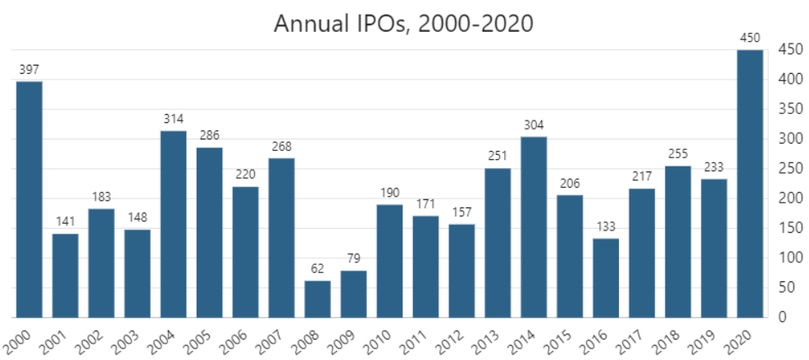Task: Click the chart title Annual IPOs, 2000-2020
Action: pyautogui.click(x=403, y=24)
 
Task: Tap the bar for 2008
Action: pyautogui.click(x=317, y=298)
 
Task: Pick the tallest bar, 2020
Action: pyautogui.click(x=750, y=184)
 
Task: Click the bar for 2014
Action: pyautogui.click(x=534, y=227)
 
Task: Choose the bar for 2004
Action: pyautogui.click(x=173, y=224)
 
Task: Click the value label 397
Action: pyautogui.click(x=30, y=70)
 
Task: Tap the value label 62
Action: pyautogui.click(x=317, y=269)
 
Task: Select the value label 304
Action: pyautogui.click(x=534, y=125)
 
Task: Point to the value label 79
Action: pyautogui.click(x=353, y=259)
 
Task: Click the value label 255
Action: pyautogui.click(x=678, y=154)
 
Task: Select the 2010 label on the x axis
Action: pyautogui.click(x=379, y=339)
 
